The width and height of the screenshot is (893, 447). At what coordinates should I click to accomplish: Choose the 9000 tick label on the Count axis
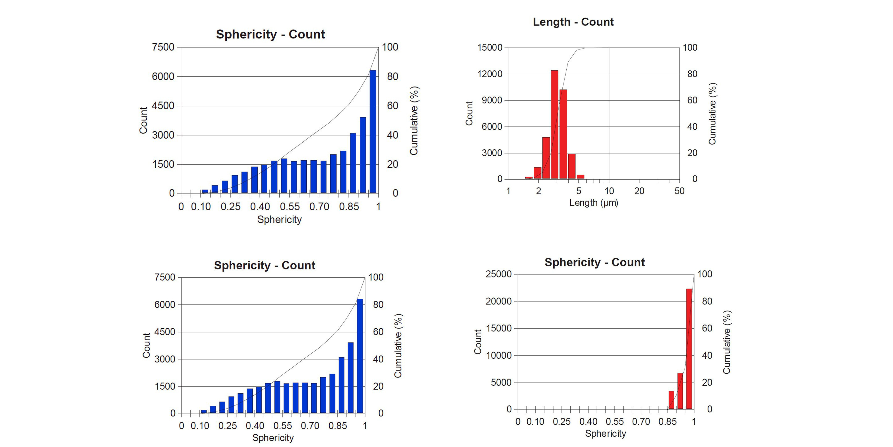coord(492,100)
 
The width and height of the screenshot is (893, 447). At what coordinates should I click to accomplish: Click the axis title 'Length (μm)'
coord(593,203)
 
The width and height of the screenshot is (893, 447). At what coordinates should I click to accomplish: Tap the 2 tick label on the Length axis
coord(538,191)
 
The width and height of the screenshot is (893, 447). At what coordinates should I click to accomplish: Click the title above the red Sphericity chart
coord(595,262)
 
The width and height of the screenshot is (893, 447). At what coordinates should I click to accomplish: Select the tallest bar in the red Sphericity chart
coord(689,349)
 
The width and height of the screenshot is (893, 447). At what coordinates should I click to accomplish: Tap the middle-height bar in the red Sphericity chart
coord(680,391)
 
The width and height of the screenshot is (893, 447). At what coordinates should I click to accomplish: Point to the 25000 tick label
coord(498,274)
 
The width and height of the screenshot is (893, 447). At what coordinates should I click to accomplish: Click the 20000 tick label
coord(498,301)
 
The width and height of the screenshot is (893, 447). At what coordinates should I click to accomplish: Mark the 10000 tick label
coord(498,355)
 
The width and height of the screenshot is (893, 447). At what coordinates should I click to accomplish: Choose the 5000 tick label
coord(501,382)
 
